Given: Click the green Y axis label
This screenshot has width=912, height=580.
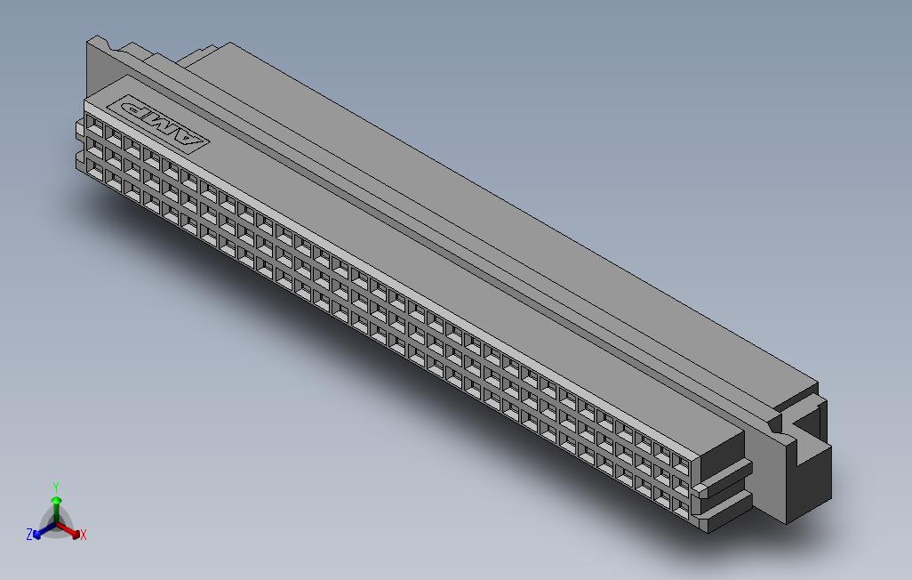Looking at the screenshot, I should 55,487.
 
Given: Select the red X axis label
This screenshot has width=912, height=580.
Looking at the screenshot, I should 84,535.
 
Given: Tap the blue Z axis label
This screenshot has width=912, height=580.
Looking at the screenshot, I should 29,534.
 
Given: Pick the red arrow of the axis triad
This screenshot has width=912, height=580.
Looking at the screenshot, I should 71,529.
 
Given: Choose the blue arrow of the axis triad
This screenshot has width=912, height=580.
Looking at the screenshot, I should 40,531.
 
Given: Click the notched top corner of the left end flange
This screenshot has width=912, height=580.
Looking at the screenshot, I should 100,42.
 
